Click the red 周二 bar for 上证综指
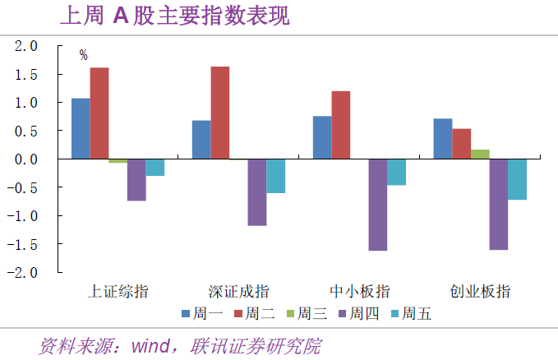(99, 113)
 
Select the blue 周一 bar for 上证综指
(81, 128)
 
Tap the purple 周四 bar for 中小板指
(378, 205)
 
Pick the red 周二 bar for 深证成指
(220, 113)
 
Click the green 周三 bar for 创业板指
(481, 154)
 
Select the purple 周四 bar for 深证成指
(257, 192)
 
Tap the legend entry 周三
(308, 312)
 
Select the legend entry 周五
(413, 312)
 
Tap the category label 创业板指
(480, 291)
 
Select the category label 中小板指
(359, 291)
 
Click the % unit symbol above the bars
(83, 55)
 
